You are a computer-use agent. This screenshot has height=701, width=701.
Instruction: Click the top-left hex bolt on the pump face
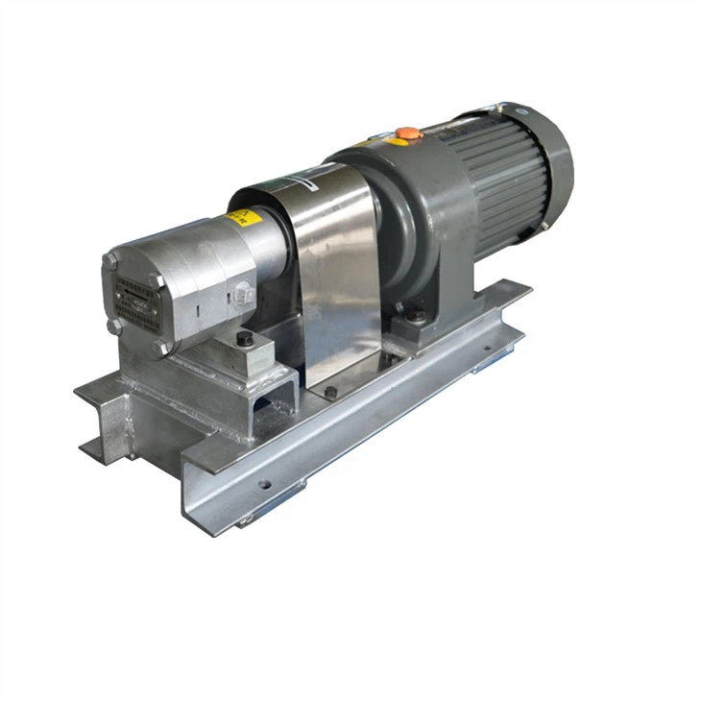click(111, 261)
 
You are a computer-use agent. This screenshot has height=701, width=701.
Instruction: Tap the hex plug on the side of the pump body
click(244, 294)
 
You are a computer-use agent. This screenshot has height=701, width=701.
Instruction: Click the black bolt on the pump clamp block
click(245, 339)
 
